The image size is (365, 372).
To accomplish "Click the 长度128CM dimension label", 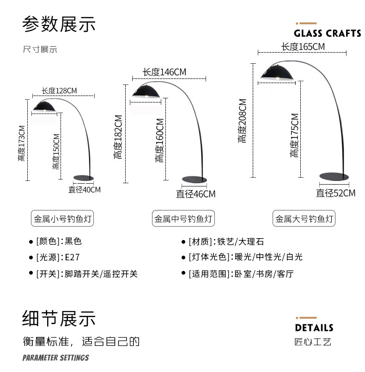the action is coord(59,90).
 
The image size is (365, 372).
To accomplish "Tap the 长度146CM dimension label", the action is coord(164,72).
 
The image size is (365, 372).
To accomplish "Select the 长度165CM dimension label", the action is coord(303,47).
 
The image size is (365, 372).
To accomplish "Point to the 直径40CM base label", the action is coord(85,189).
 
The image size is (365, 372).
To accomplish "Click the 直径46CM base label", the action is coord(195,194).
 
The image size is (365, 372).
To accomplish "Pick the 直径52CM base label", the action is coord(335,193).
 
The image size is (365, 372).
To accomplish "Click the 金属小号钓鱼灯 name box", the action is coord(63,219).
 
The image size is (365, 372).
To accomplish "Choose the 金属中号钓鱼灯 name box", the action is coord(183,219).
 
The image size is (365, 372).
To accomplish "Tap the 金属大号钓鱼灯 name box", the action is coord(304,219).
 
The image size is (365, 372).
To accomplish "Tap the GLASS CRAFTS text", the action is coord(328,33).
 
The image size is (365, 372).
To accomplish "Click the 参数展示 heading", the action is coord(59,24).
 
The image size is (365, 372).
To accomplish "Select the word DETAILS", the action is coord(314,328).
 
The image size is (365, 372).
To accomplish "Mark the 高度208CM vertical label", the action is coord(243,120).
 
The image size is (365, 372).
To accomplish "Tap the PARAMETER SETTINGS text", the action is coord(55,358).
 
